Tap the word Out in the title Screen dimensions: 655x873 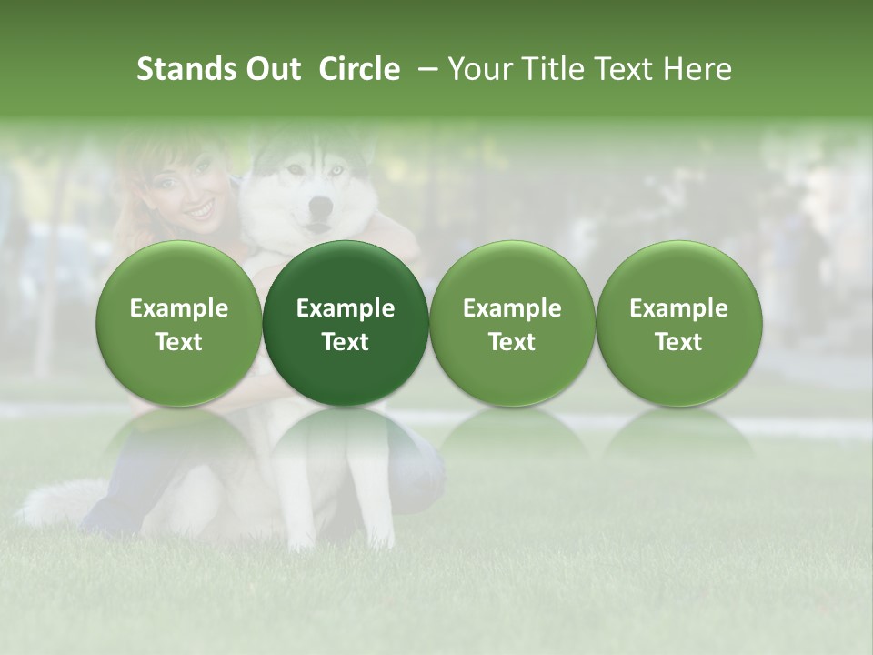point(271,69)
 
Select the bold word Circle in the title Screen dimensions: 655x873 point(359,69)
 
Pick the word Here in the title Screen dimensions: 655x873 point(698,69)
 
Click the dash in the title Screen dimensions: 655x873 point(424,69)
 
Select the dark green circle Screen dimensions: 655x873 point(346,323)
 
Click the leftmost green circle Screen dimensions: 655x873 point(179,323)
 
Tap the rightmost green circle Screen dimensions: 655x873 point(679,323)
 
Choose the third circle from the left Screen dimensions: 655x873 point(512,323)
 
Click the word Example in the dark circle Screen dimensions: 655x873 point(346,308)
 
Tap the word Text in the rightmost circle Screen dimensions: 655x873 point(679,342)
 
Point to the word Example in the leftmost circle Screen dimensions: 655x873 point(179,308)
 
